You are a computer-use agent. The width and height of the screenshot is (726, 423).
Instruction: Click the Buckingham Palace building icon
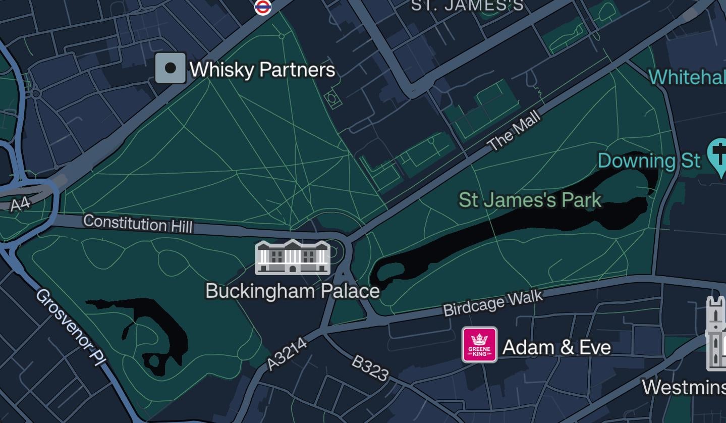click(293, 257)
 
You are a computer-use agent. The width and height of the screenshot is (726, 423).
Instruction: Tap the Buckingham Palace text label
click(292, 291)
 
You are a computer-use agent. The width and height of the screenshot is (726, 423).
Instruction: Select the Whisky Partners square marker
click(171, 68)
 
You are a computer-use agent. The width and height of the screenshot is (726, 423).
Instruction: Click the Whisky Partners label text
click(262, 70)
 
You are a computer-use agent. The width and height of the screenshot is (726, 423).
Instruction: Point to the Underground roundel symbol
click(263, 7)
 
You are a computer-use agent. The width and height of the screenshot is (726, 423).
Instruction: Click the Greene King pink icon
click(479, 345)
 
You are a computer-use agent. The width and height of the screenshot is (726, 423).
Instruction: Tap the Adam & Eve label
click(556, 347)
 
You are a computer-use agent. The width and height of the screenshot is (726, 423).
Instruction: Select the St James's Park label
click(530, 200)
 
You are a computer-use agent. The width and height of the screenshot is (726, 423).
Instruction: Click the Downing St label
click(649, 161)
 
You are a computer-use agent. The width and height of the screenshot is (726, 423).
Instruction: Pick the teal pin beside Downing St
click(718, 155)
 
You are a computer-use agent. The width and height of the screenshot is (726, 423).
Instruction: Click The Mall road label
click(514, 131)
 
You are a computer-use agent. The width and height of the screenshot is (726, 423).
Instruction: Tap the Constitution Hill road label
click(138, 223)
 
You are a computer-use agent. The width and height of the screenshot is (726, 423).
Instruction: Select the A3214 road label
click(287, 354)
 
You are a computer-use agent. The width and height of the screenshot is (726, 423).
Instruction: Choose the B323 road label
click(370, 368)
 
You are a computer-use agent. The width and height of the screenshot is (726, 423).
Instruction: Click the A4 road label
click(20, 204)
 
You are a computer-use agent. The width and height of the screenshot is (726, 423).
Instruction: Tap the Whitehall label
click(687, 77)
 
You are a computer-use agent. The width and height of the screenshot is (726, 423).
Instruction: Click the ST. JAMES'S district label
click(468, 6)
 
